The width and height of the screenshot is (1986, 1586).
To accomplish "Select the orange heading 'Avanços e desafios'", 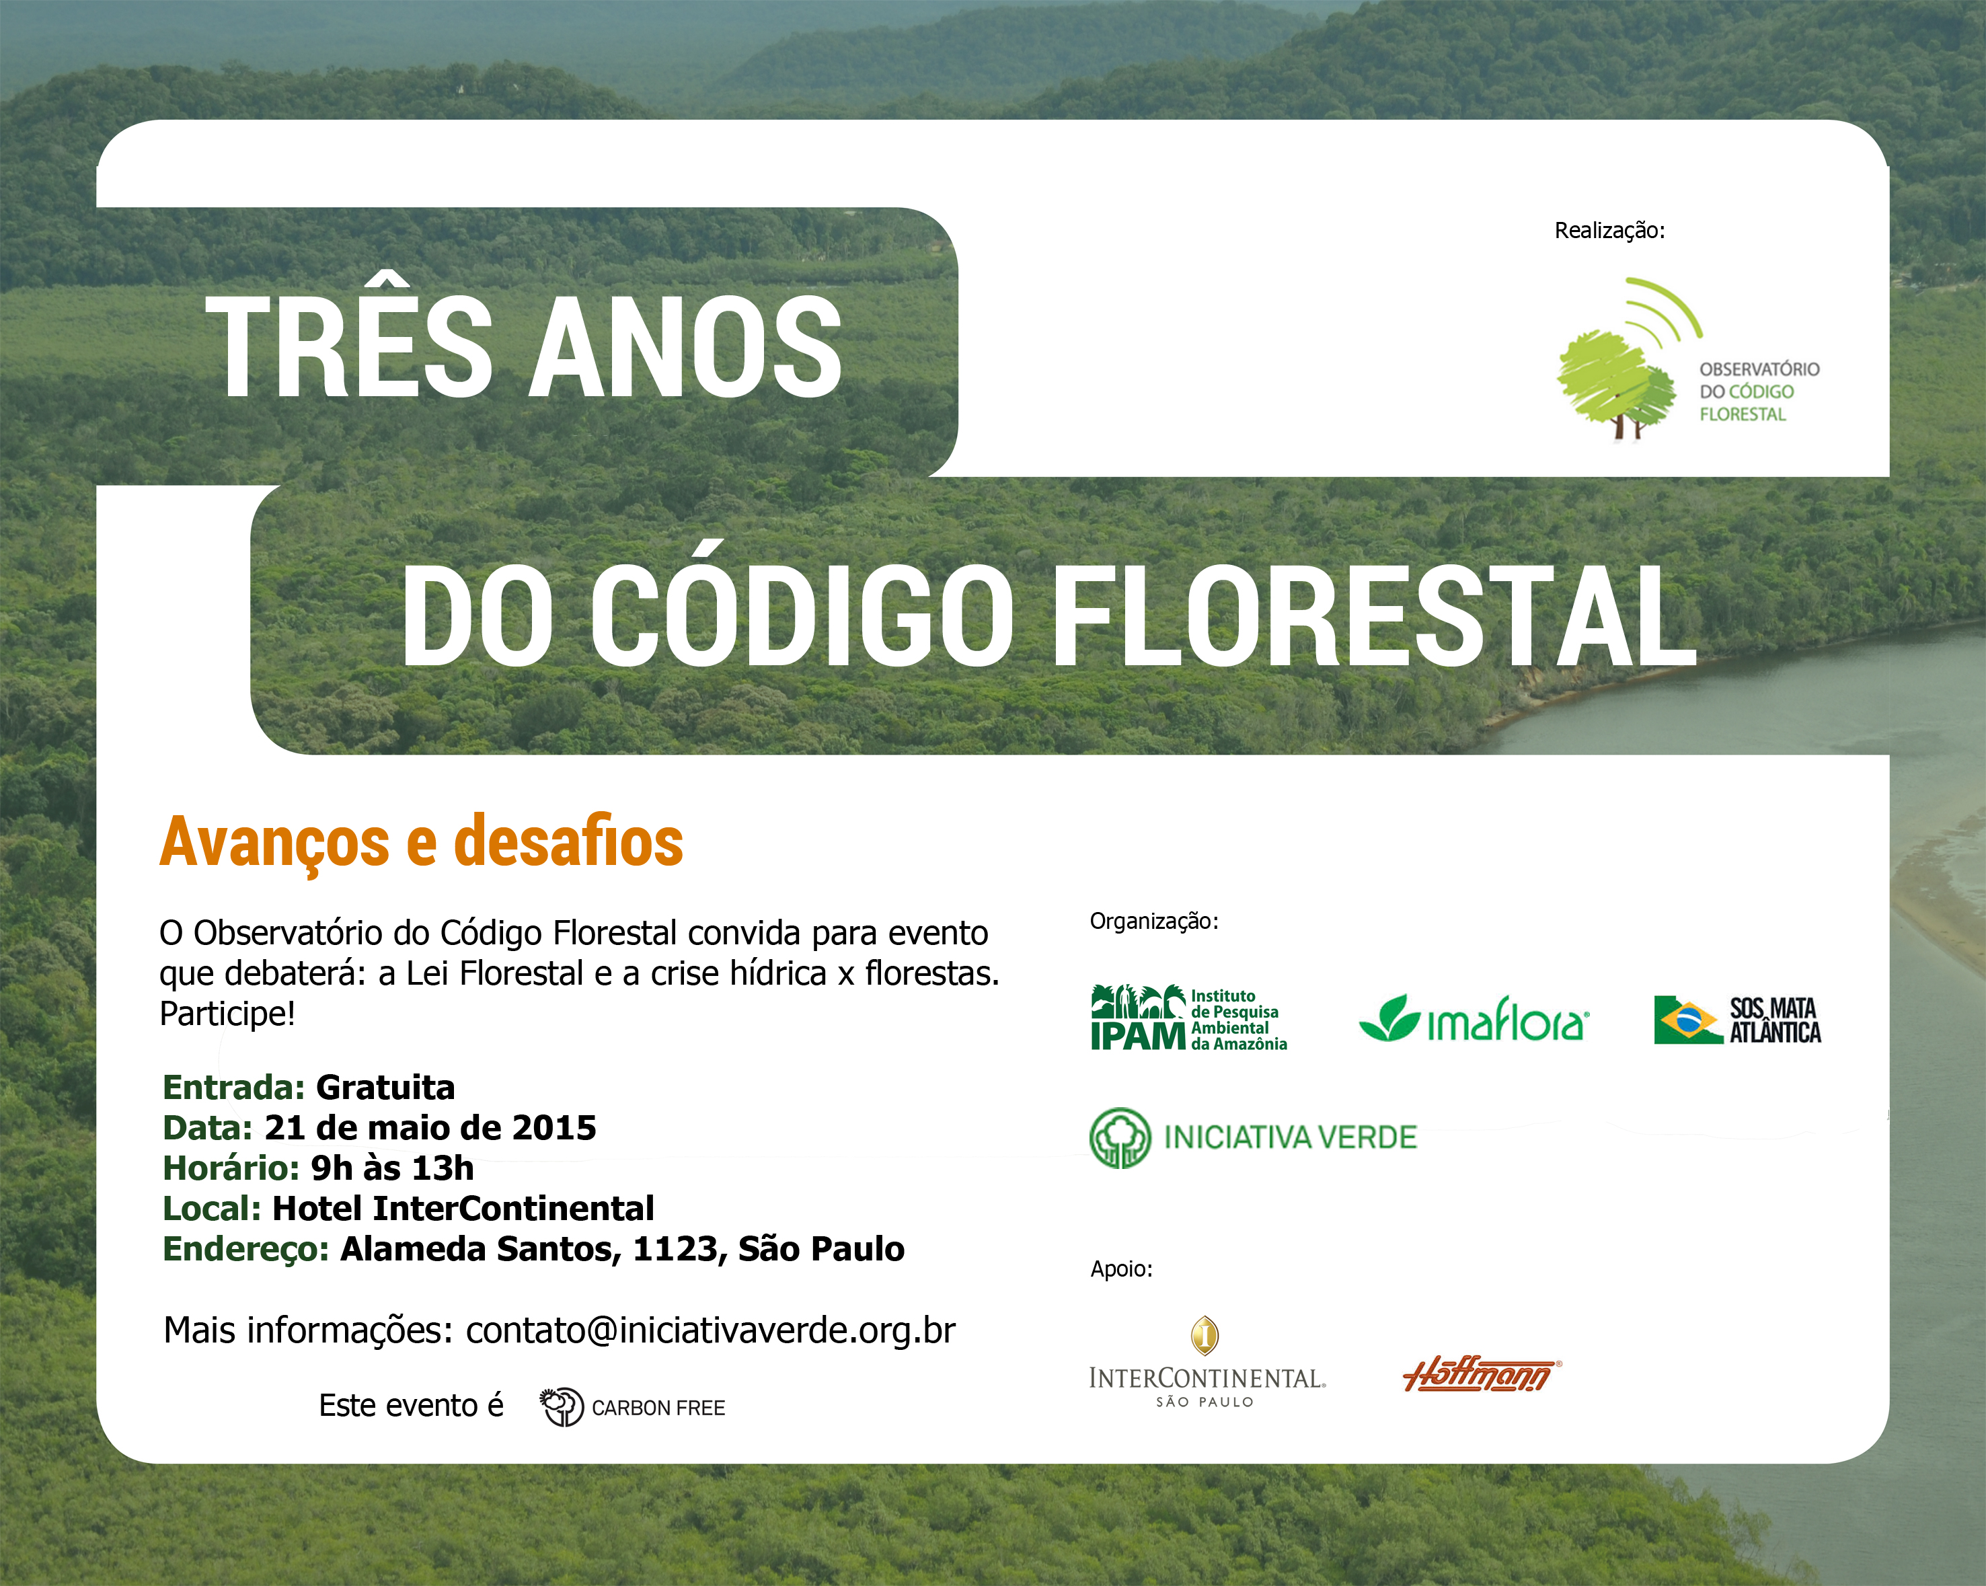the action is (x=421, y=842).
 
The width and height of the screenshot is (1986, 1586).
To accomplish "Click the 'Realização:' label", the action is (x=1609, y=230).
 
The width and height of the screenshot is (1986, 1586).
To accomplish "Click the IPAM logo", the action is (x=1189, y=1018).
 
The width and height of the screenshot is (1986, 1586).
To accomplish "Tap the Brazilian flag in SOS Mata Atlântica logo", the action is (x=1687, y=1020).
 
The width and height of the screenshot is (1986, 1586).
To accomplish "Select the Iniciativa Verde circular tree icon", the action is (x=1120, y=1137).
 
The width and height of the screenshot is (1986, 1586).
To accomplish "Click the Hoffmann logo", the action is (x=1481, y=1374).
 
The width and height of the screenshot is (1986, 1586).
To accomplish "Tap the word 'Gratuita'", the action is (x=385, y=1088).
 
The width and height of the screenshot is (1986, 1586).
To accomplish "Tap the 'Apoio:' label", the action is (x=1121, y=1269).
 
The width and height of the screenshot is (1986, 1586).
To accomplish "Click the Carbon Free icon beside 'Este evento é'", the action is (x=562, y=1407).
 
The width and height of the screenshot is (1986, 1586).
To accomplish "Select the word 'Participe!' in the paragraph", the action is (x=227, y=1014).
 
